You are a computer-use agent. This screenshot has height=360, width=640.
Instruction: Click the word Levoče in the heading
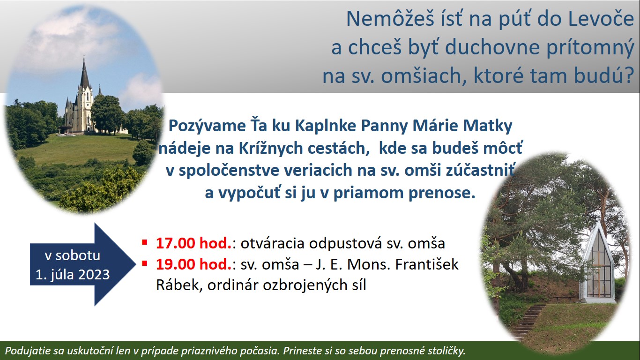(x=600, y=19)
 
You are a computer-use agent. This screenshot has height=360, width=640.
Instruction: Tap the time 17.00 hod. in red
(x=194, y=243)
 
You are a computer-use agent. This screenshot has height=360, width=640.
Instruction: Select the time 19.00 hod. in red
(x=194, y=264)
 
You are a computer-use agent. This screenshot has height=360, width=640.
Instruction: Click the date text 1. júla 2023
(x=73, y=275)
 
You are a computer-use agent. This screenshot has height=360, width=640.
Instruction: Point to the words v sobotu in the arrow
(x=73, y=255)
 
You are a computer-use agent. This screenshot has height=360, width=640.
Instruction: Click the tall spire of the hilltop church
(x=84, y=73)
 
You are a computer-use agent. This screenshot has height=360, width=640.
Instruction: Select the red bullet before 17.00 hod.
(x=145, y=242)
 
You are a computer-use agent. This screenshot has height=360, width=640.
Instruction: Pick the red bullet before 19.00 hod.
(x=145, y=263)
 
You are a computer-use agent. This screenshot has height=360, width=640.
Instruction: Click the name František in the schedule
(x=427, y=264)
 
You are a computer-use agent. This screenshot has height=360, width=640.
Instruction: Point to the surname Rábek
(x=179, y=285)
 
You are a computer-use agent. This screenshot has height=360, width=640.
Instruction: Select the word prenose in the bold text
(x=442, y=193)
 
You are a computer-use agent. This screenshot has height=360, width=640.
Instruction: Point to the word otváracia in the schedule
(x=272, y=244)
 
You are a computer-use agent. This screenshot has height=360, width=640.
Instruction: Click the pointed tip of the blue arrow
(x=136, y=264)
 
